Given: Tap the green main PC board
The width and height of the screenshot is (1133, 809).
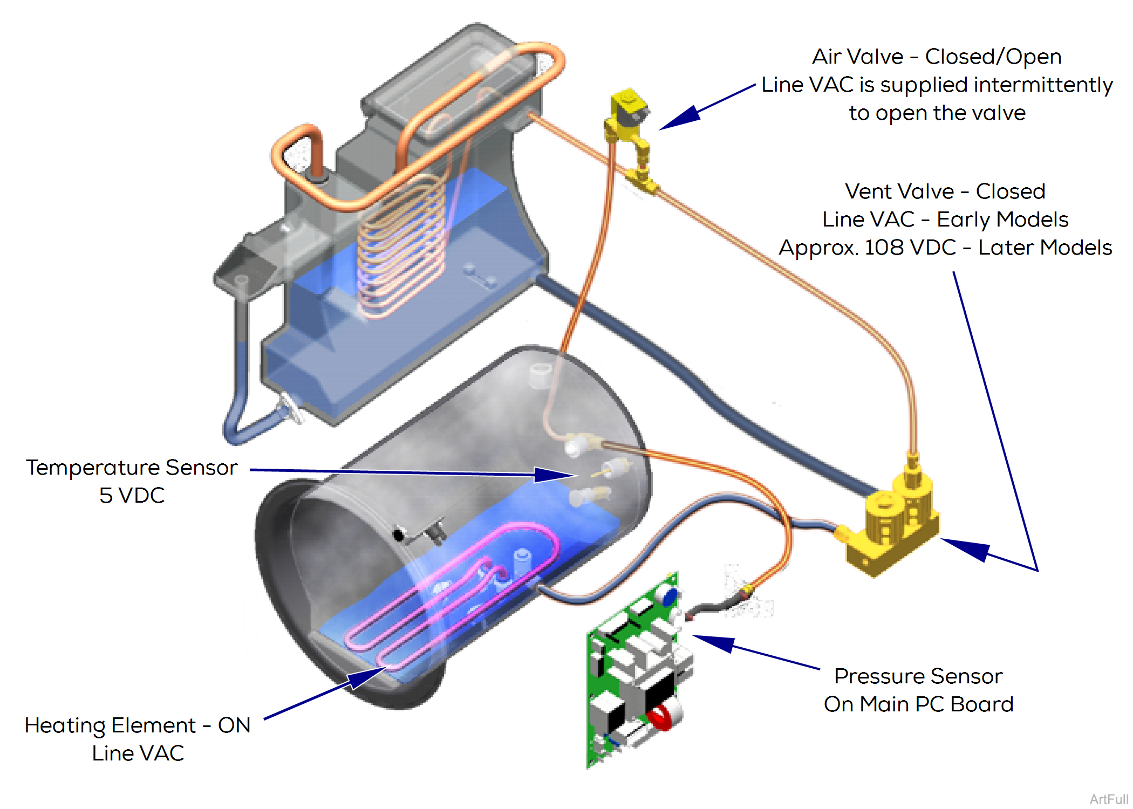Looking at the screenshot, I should [637, 674].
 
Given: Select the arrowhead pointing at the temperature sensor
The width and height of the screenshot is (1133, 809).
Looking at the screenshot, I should [556, 475].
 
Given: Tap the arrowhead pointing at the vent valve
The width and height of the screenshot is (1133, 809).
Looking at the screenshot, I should [966, 547].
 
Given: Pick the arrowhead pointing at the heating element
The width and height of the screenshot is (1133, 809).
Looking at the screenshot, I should [367, 677].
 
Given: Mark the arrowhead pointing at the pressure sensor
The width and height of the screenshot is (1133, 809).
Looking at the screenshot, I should [712, 642].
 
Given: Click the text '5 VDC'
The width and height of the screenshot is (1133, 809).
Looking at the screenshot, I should [132, 495].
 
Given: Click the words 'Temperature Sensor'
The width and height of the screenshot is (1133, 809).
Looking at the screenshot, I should [132, 467].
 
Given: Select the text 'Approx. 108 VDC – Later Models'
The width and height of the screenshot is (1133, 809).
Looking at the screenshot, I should [945, 248].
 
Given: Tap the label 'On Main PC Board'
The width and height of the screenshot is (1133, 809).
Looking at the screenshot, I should [918, 704].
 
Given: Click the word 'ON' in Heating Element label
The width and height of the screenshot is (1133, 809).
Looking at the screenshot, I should [234, 725].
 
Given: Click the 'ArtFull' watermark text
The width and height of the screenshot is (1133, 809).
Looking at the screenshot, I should [1109, 799].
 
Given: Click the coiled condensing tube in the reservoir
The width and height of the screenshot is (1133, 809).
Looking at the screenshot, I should [402, 248].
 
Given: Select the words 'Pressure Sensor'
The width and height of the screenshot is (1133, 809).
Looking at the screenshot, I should [918, 676].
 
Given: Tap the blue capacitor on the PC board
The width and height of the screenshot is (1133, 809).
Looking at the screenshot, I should [670, 598].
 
